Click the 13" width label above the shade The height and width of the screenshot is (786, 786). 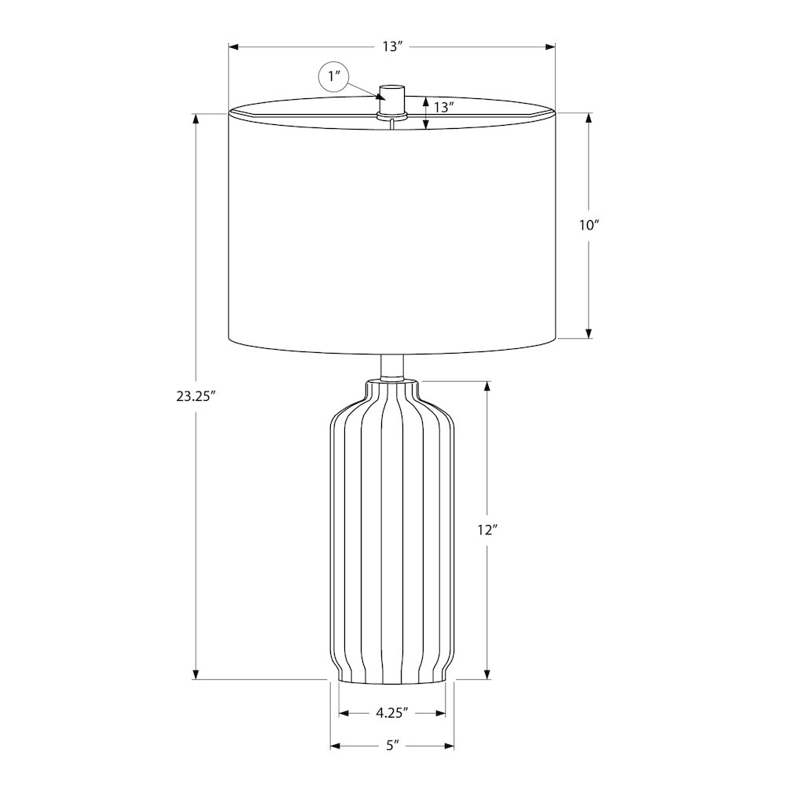393,46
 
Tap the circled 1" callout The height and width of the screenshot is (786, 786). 334,76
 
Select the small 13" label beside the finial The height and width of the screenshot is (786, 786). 444,107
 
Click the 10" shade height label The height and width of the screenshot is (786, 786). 589,226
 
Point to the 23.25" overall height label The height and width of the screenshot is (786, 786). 196,396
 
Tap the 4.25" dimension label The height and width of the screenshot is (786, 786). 392,713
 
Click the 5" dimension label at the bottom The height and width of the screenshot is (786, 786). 392,745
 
